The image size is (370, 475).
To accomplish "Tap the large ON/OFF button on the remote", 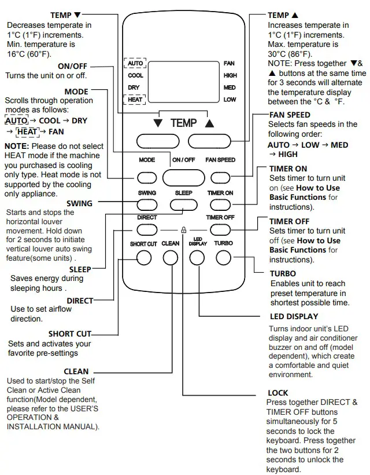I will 183,177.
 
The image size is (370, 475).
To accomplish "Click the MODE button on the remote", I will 147,177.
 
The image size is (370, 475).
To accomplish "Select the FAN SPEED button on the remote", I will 220,177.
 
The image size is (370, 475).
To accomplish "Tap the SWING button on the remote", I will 147,204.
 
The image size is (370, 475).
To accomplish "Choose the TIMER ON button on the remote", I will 220,204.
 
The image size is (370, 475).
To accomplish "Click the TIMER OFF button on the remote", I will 220,230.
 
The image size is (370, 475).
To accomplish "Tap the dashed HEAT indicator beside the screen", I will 135,100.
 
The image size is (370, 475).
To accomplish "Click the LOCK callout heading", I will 278,393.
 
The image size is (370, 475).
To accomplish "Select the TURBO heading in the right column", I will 283,273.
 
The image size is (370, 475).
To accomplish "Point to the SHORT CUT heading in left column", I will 69,334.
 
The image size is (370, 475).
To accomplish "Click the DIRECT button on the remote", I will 147,230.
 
